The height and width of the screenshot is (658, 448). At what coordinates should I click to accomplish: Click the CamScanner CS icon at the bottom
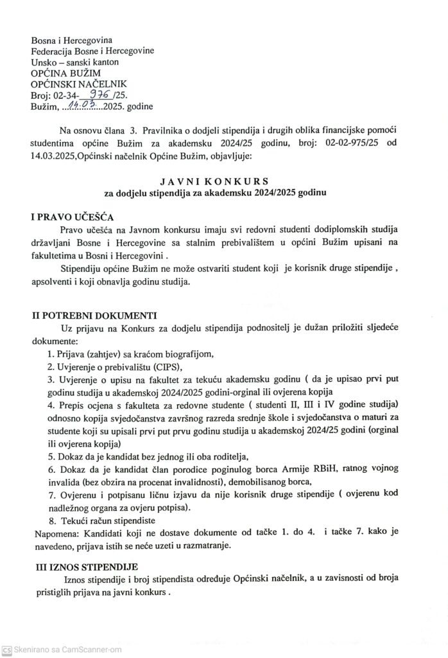6,650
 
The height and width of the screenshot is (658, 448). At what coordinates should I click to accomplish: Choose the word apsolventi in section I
55,283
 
